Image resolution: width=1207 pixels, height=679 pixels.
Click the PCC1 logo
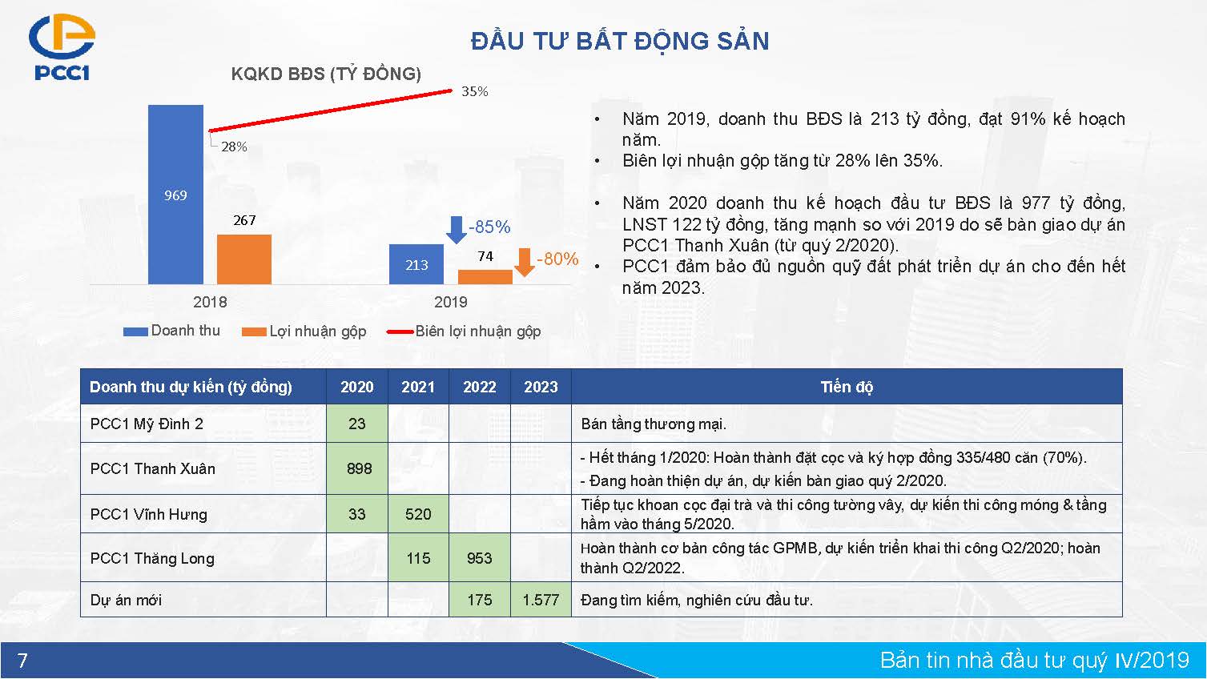click(x=62, y=47)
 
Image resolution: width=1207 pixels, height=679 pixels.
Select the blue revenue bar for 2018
click(x=175, y=195)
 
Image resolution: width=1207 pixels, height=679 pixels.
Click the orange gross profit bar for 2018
click(x=244, y=259)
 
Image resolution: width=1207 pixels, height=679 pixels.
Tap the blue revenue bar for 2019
click(x=416, y=264)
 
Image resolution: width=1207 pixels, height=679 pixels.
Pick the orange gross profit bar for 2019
click(x=485, y=277)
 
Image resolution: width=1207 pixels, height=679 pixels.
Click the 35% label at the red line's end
click(x=475, y=91)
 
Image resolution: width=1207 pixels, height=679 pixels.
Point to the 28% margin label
click(x=234, y=147)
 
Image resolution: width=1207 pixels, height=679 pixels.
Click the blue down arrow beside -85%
click(x=457, y=230)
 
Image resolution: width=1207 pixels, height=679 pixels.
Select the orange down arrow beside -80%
click(x=525, y=263)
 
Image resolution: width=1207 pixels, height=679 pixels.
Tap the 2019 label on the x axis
click(x=450, y=302)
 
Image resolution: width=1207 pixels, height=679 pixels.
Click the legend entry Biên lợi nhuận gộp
click(x=464, y=331)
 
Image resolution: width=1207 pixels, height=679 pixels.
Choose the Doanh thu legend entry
click(x=171, y=331)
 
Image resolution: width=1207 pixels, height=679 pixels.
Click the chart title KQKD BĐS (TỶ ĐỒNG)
click(x=326, y=74)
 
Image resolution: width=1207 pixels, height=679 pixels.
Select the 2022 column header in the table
click(x=480, y=387)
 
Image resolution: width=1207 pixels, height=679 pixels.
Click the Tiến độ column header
click(x=847, y=387)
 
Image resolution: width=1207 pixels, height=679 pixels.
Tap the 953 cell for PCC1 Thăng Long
click(x=480, y=558)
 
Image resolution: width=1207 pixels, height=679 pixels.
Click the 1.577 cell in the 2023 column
click(x=541, y=600)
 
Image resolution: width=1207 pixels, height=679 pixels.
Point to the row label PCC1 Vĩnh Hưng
click(x=149, y=515)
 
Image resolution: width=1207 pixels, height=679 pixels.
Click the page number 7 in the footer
click(x=22, y=660)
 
